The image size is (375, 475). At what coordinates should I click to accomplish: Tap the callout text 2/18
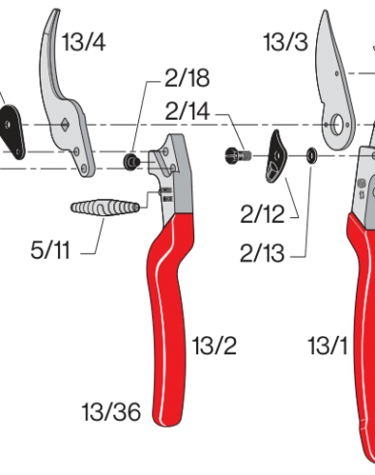(x=187, y=78)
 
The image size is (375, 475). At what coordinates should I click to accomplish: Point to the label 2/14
(x=186, y=112)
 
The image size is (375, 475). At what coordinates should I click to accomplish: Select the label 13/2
(x=214, y=345)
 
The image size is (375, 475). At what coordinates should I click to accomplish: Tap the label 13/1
(x=328, y=345)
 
